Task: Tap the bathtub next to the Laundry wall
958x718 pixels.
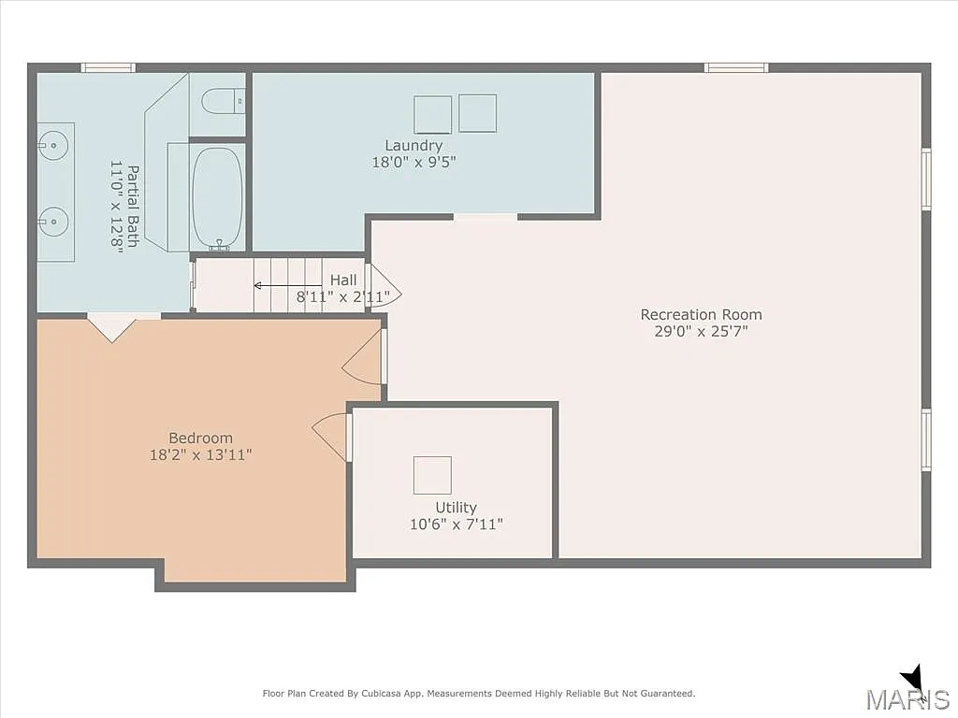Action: pos(217,197)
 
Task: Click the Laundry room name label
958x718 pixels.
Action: pos(414,146)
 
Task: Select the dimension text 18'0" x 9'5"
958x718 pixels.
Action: pos(414,162)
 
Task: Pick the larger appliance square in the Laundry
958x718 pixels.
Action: pos(432,114)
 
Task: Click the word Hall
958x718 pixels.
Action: pos(342,280)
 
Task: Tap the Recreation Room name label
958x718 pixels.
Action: pos(701,315)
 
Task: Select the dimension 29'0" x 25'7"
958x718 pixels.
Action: pos(701,331)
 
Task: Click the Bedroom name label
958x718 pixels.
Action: pos(200,438)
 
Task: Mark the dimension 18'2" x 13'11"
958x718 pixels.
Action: pos(200,455)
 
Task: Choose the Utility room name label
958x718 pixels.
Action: pos(456,509)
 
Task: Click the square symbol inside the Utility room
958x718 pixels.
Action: pos(432,475)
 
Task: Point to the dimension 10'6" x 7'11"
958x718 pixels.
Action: pos(456,524)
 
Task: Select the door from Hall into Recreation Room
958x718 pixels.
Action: pos(384,285)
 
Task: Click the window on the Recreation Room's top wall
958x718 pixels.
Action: pos(735,67)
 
